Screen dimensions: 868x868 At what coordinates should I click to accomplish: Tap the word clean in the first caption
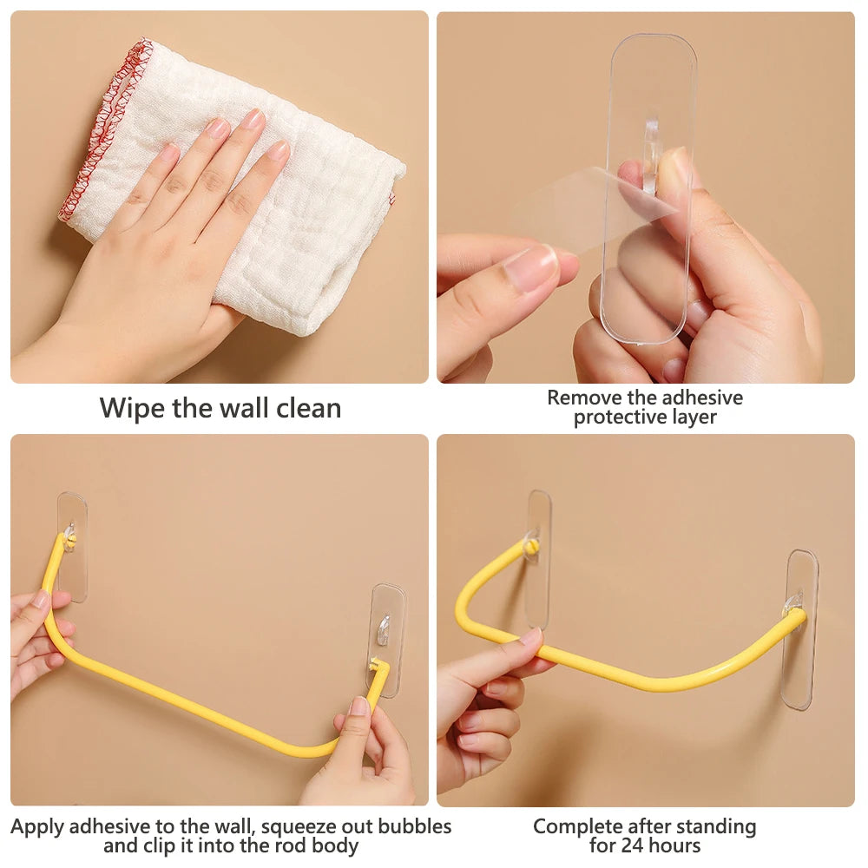tap(309, 408)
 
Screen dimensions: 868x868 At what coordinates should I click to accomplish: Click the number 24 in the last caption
tap(634, 845)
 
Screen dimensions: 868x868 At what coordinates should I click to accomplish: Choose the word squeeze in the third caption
tap(297, 827)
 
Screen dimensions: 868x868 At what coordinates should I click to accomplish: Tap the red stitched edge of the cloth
tap(105, 128)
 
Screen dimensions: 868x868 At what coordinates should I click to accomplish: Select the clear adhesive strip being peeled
tap(648, 188)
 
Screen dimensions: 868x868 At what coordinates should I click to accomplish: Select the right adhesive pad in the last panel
tap(801, 630)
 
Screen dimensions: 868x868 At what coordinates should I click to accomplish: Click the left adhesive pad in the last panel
tap(539, 559)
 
